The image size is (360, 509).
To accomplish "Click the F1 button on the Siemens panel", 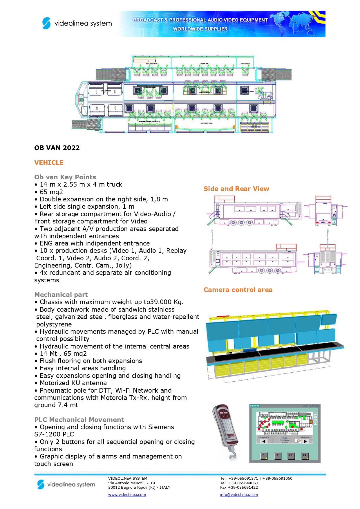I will pyautogui.click(x=263, y=456).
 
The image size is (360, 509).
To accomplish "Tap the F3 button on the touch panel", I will pyautogui.click(x=290, y=456).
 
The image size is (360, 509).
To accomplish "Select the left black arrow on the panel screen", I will pyautogui.click(x=264, y=441).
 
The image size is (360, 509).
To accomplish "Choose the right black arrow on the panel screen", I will pyautogui.click(x=305, y=441).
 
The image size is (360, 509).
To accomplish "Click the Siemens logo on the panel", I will pyautogui.click(x=255, y=406).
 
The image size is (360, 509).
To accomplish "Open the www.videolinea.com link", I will pyautogui.click(x=127, y=495).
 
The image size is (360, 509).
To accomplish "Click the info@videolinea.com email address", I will pyautogui.click(x=239, y=495).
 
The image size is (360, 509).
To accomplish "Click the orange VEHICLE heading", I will pyautogui.click(x=49, y=163).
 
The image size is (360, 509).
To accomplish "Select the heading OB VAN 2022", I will pyautogui.click(x=57, y=148).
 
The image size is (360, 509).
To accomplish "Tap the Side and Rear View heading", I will pyautogui.click(x=236, y=189).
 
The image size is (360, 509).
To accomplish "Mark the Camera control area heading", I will pyautogui.click(x=238, y=290).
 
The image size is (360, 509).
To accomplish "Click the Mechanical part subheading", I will pyautogui.click(x=61, y=295).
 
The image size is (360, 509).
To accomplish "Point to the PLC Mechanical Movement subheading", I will pyautogui.click(x=79, y=420).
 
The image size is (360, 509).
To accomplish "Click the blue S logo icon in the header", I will pyautogui.click(x=46, y=23).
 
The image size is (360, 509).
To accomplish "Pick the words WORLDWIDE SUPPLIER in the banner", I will pyautogui.click(x=200, y=29).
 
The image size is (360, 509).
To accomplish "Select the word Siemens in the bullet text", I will pyautogui.click(x=161, y=427).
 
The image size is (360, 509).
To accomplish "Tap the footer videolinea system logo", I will pyautogui.click(x=66, y=484).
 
